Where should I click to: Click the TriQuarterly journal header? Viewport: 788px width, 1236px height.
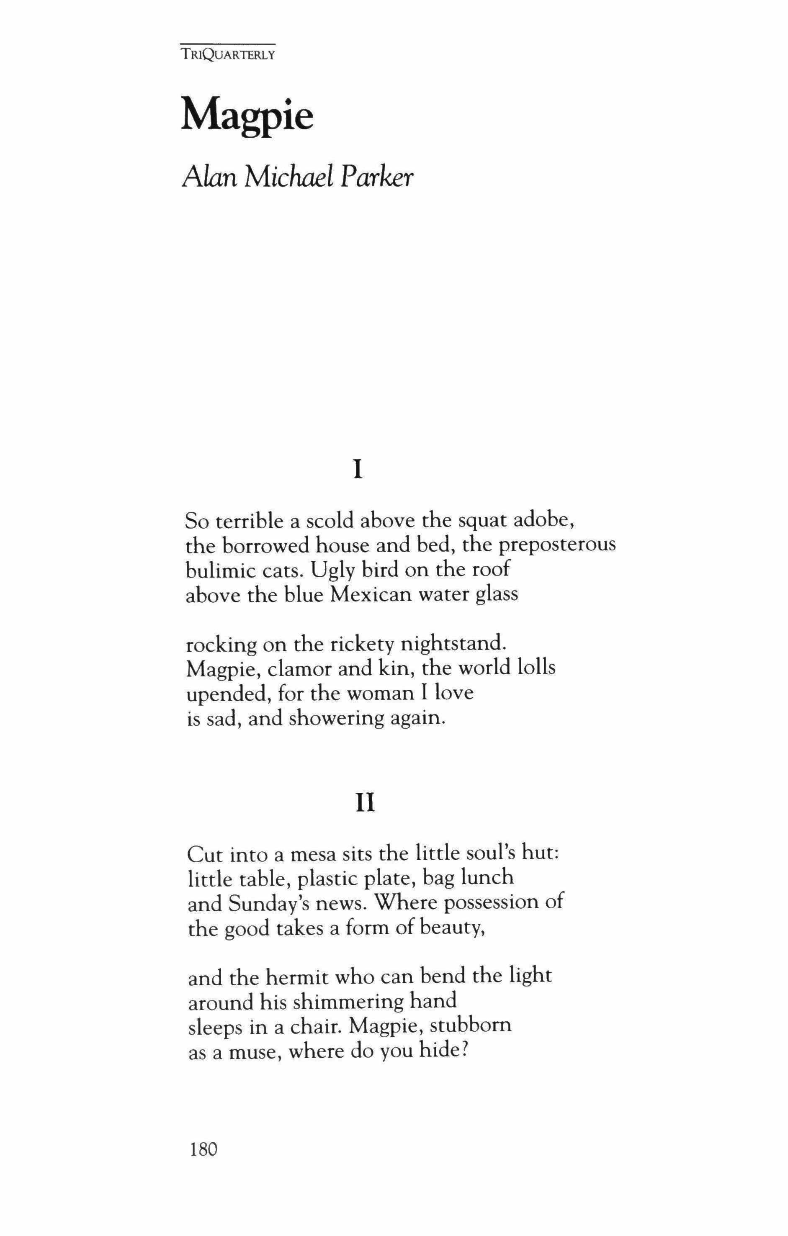pos(228,54)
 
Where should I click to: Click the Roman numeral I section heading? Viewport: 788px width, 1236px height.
pos(358,470)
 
